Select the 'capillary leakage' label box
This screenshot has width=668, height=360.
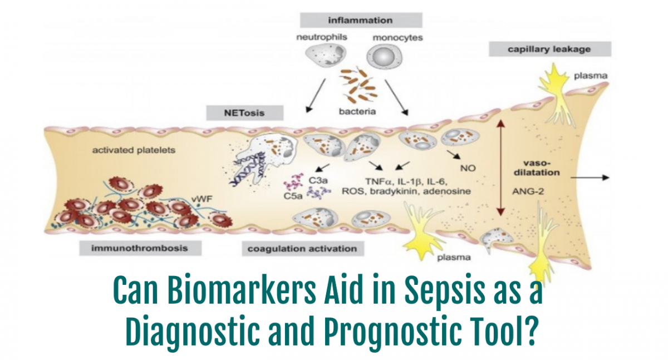point(541,50)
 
